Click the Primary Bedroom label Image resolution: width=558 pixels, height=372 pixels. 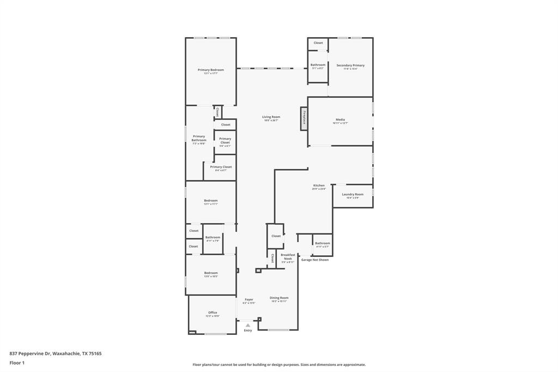click(x=210, y=70)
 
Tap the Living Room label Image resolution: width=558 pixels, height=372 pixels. click(x=271, y=117)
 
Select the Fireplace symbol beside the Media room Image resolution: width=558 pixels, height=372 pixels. click(x=304, y=118)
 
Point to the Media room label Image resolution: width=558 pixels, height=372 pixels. click(x=340, y=120)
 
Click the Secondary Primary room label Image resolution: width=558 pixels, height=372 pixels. click(x=350, y=65)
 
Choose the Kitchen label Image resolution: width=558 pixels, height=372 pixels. click(x=319, y=185)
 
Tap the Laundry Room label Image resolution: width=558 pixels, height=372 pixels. click(x=353, y=194)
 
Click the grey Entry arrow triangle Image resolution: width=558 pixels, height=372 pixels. click(x=248, y=325)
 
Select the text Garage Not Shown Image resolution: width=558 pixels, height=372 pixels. click(x=315, y=260)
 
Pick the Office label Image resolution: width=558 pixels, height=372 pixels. click(x=213, y=313)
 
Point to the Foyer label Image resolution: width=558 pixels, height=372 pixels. click(x=248, y=299)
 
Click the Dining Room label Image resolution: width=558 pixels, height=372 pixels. click(x=279, y=298)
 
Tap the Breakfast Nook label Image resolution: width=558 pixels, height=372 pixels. click(x=288, y=256)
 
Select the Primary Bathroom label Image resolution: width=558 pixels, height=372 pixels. click(x=199, y=139)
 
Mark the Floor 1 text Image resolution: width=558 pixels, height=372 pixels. click(x=17, y=363)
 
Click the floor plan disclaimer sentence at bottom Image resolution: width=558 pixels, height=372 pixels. click(x=279, y=364)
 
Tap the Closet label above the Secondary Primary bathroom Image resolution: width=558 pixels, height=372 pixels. click(x=318, y=43)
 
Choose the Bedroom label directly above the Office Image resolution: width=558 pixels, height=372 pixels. click(x=211, y=273)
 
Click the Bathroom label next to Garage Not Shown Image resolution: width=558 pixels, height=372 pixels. click(x=322, y=243)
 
